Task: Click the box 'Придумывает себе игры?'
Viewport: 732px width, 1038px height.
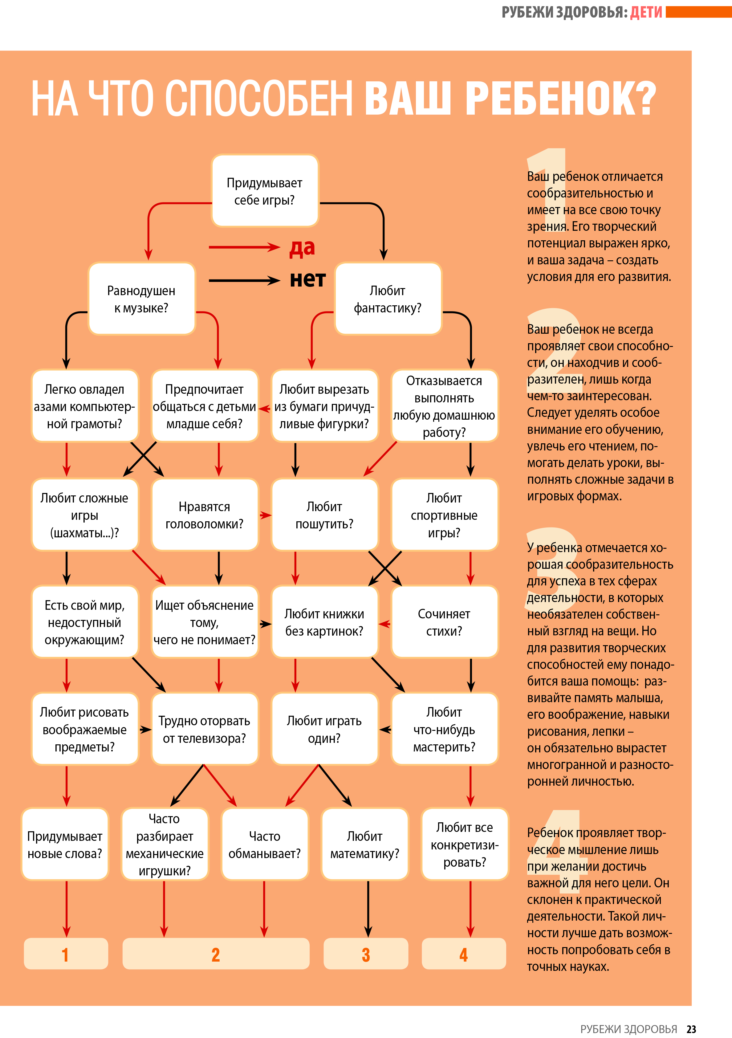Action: click(x=265, y=191)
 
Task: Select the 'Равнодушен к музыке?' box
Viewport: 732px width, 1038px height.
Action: click(x=141, y=299)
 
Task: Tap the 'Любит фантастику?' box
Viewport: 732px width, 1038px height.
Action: click(x=388, y=299)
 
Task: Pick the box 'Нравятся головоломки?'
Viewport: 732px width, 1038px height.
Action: click(x=204, y=515)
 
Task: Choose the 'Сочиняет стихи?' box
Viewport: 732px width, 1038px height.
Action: click(x=445, y=622)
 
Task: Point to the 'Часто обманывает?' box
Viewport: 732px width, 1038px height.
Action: click(x=265, y=844)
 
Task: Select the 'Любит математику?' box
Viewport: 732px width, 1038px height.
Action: click(x=365, y=844)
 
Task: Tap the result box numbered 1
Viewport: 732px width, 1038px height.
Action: click(x=66, y=954)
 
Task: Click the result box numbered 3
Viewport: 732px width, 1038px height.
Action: click(x=366, y=954)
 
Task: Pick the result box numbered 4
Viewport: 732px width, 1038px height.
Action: click(x=464, y=954)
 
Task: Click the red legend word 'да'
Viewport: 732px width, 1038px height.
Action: click(x=302, y=248)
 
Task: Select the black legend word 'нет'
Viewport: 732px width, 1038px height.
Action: click(x=307, y=279)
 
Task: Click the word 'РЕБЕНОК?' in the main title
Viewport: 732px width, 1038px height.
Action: click(x=561, y=98)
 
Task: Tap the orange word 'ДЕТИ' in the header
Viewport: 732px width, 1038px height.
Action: click(x=646, y=12)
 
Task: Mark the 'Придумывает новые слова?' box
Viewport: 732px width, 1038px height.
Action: click(x=65, y=844)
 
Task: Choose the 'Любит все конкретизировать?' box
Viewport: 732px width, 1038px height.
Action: click(x=465, y=844)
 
